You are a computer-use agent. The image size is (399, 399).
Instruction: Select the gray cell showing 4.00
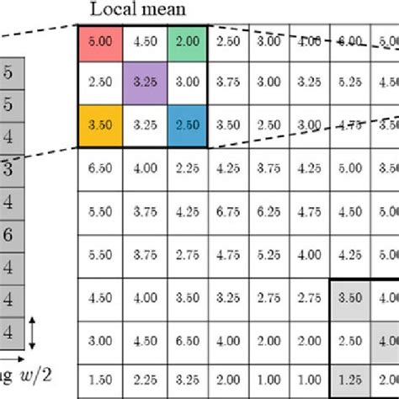pos(387,340)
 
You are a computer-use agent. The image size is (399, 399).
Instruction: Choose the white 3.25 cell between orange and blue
pos(142,125)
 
